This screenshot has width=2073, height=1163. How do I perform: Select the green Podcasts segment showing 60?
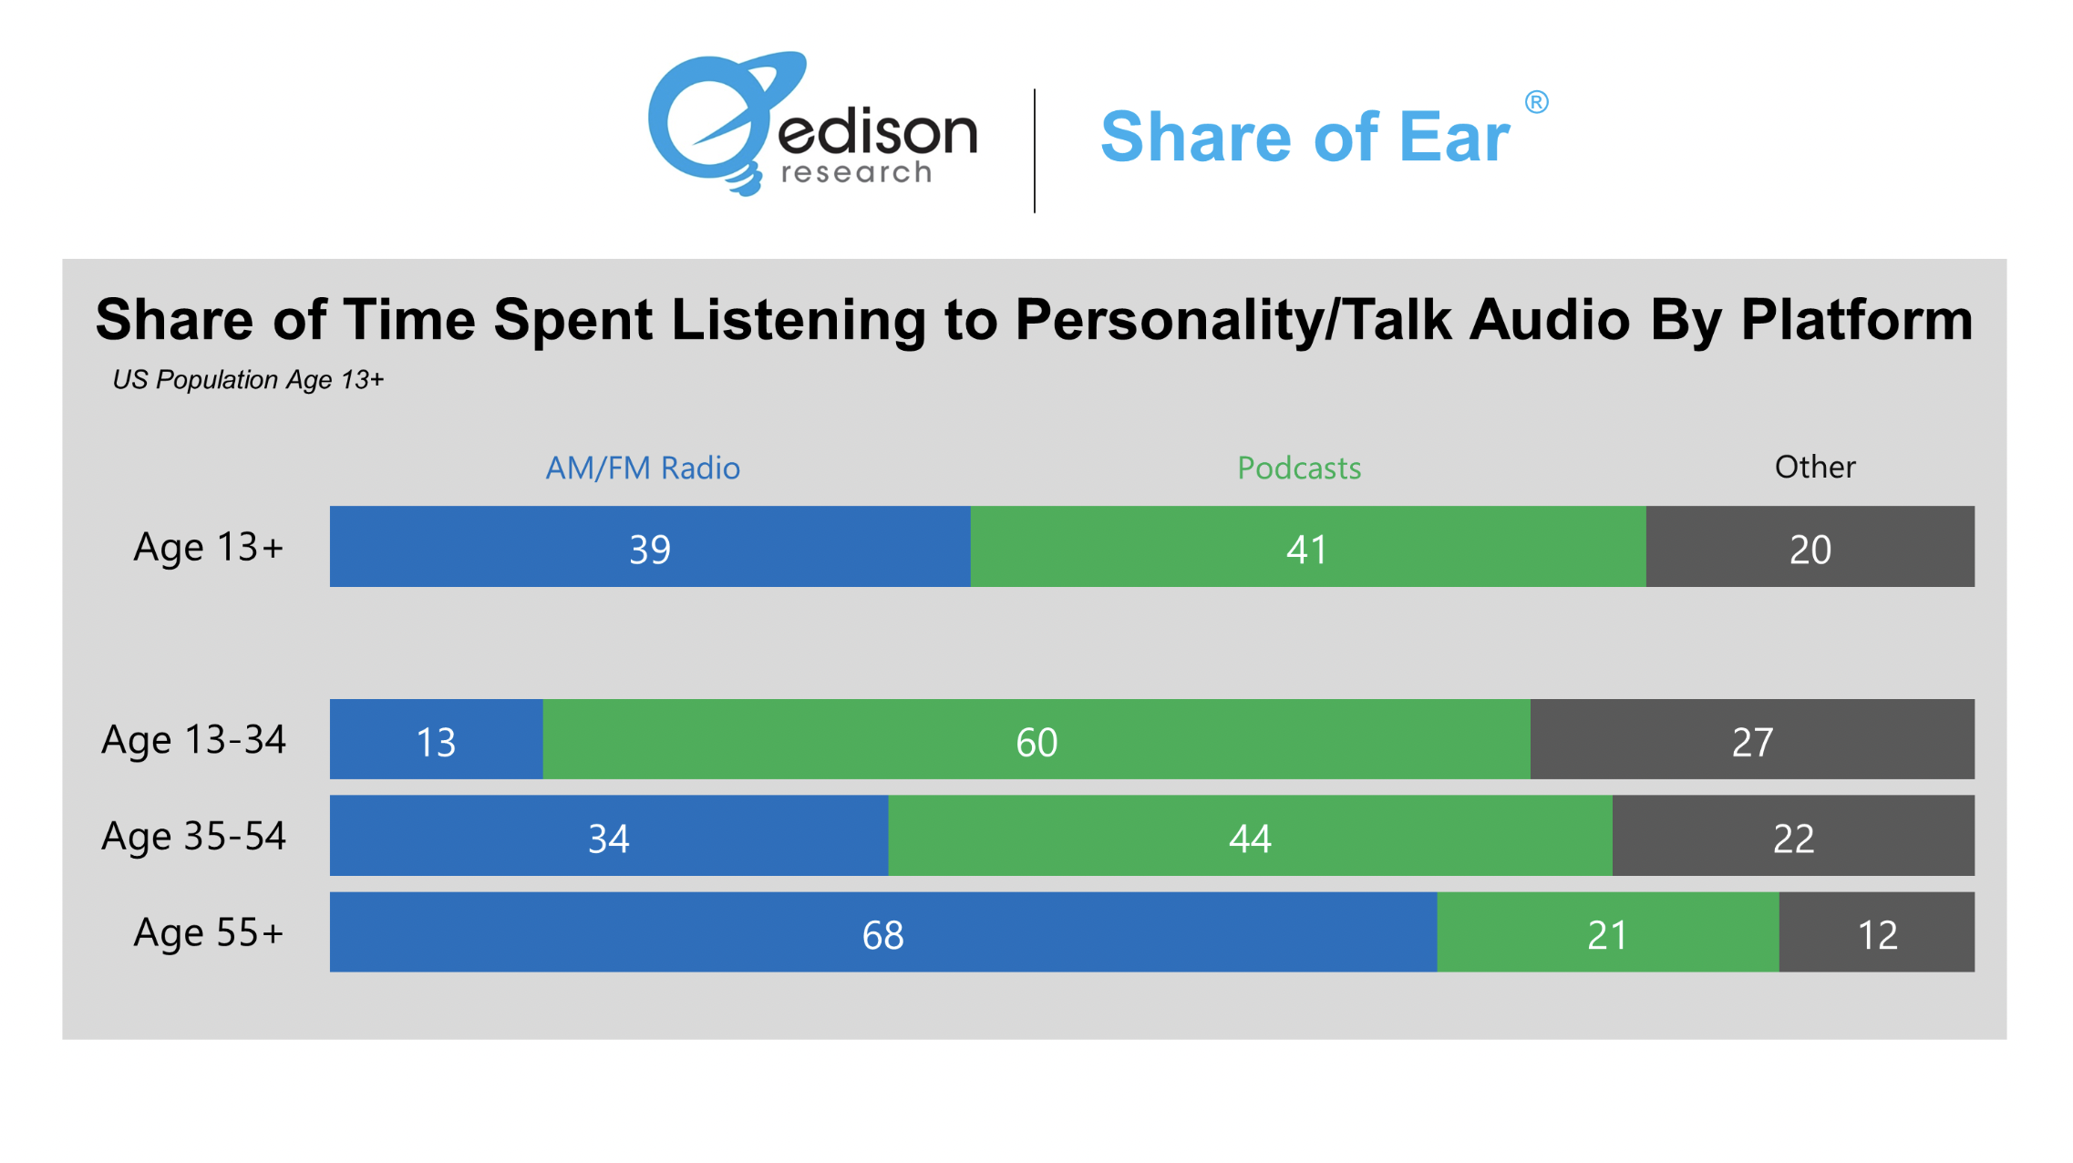point(1036,740)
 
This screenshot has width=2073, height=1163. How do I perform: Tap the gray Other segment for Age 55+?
point(1876,932)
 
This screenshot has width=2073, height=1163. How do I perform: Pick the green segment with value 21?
point(1607,932)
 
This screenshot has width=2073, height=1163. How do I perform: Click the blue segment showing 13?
point(436,740)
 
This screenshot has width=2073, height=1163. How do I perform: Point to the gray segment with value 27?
point(1752,740)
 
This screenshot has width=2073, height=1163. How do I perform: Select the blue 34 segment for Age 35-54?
point(608,836)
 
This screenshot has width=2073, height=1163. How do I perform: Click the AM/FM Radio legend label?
point(643,468)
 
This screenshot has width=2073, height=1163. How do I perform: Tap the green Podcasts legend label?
point(1299,468)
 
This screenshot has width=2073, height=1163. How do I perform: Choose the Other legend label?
point(1814,467)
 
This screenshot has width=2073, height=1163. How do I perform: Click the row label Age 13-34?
point(193,740)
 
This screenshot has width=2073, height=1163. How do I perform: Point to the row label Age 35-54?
point(193,836)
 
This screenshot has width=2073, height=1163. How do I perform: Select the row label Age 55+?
point(209,932)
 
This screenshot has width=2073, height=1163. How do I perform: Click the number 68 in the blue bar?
point(882,935)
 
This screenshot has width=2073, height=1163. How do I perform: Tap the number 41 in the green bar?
point(1306,550)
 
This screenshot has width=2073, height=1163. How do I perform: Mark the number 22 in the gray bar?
point(1793,839)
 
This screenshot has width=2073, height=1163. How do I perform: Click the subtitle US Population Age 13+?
point(248,379)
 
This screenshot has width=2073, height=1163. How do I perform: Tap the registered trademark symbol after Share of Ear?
point(1536,102)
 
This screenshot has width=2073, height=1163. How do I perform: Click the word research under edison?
point(857,172)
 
